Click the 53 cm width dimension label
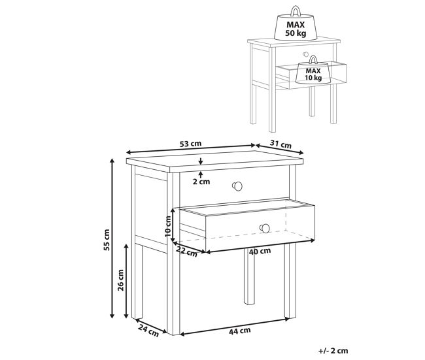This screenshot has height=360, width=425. pyautogui.click(x=190, y=144)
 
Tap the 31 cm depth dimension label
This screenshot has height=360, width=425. pyautogui.click(x=280, y=144)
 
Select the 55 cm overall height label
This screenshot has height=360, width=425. pyautogui.click(x=107, y=240)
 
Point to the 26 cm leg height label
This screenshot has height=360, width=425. pyautogui.click(x=120, y=280)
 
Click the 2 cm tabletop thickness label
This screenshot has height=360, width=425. pyautogui.click(x=201, y=182)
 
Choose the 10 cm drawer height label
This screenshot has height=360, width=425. pyautogui.click(x=168, y=227)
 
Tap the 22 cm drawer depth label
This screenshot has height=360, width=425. pyautogui.click(x=187, y=252)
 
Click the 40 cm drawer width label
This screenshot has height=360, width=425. pyautogui.click(x=260, y=252)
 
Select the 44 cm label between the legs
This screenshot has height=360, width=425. pyautogui.click(x=239, y=331)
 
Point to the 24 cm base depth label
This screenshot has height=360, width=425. pyautogui.click(x=148, y=331)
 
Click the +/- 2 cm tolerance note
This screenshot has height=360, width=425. pyautogui.click(x=333, y=351)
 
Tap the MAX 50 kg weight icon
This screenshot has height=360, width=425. pyautogui.click(x=296, y=24)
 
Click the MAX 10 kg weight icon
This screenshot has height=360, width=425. pyautogui.click(x=313, y=70)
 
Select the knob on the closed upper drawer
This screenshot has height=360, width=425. pyautogui.click(x=237, y=186)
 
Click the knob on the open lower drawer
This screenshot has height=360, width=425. pyautogui.click(x=265, y=229)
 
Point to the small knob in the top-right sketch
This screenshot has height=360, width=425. pyautogui.click(x=306, y=54)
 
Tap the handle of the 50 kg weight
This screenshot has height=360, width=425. pyautogui.click(x=296, y=11)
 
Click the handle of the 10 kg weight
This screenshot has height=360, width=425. pyautogui.click(x=313, y=59)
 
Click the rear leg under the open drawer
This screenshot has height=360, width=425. pyautogui.click(x=249, y=276)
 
